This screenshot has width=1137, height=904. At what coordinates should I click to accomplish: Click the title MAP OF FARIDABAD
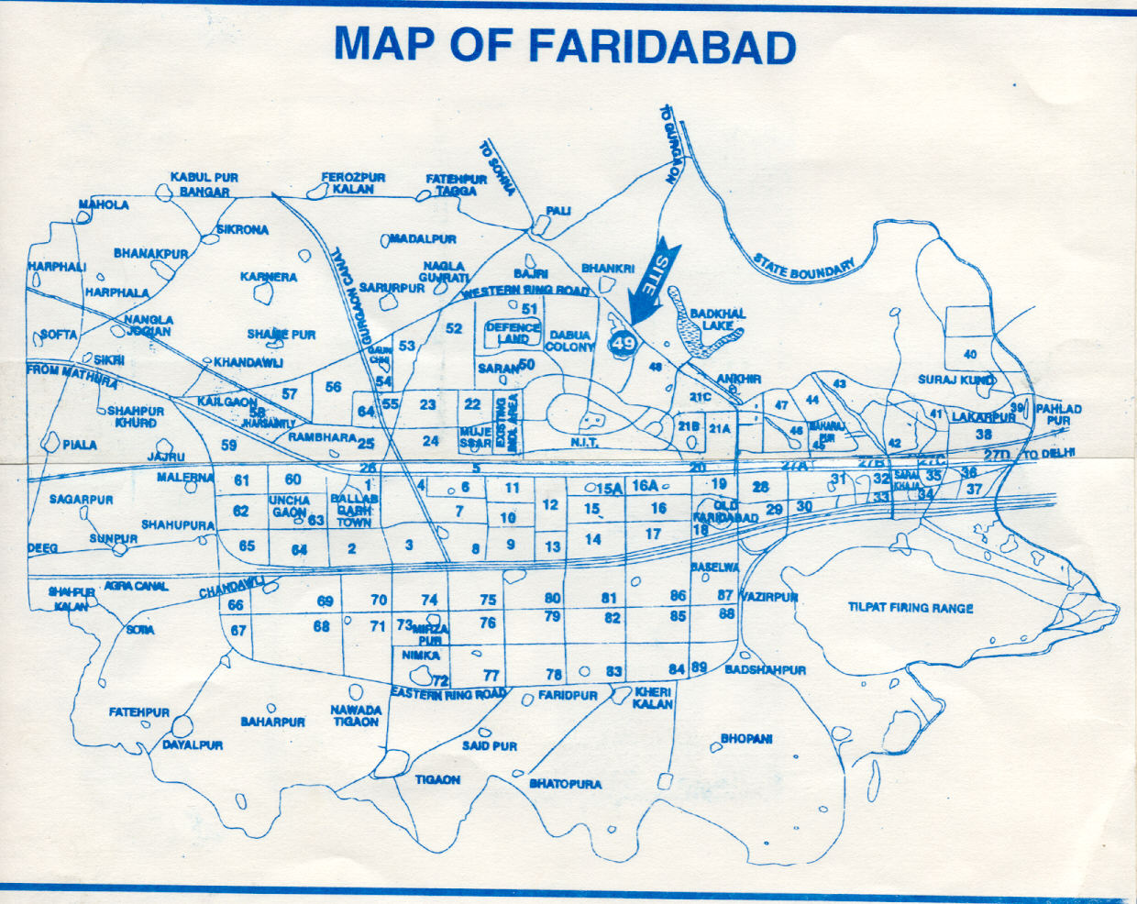pyautogui.click(x=565, y=45)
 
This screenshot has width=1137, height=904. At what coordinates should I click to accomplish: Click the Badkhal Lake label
pyautogui.click(x=718, y=319)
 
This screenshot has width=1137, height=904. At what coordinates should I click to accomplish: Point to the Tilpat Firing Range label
pyautogui.click(x=910, y=607)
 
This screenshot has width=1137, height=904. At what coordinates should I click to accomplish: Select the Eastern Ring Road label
pyautogui.click(x=447, y=694)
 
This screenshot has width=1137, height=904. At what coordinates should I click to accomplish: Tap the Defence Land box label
pyautogui.click(x=513, y=333)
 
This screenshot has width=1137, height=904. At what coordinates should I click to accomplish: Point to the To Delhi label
pyautogui.click(x=1040, y=455)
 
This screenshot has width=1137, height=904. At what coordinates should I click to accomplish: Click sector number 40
pyautogui.click(x=970, y=354)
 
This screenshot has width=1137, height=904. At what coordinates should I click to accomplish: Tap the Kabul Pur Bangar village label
pyautogui.click(x=204, y=184)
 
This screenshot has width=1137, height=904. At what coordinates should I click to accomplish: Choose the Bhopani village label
pyautogui.click(x=746, y=738)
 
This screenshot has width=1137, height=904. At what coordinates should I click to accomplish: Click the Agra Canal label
pyautogui.click(x=136, y=584)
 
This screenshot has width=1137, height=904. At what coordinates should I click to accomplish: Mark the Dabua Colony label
pyautogui.click(x=569, y=341)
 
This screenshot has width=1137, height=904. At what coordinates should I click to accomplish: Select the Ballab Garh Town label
pyautogui.click(x=353, y=511)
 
